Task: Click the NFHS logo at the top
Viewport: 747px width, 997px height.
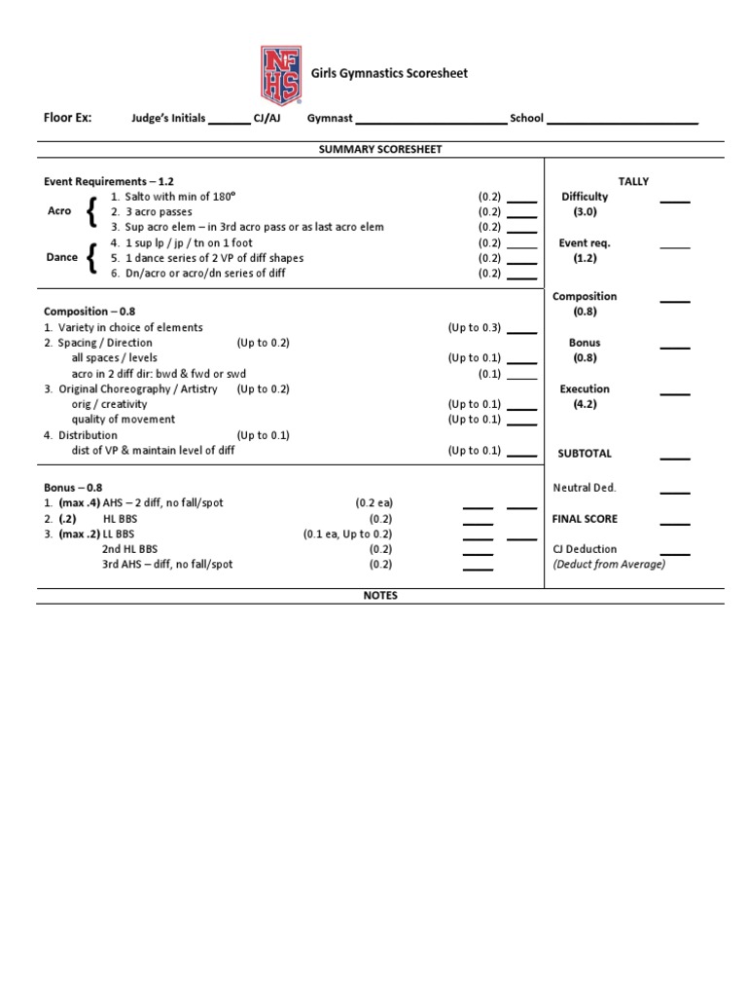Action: coord(279,74)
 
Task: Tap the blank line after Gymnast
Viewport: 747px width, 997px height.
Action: coord(431,122)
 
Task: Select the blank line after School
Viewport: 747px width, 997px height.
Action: coord(622,122)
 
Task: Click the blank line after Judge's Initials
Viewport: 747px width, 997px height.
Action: coord(230,122)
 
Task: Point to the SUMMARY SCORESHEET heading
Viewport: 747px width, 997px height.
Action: coord(380,149)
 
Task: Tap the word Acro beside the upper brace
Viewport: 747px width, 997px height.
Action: coord(59,211)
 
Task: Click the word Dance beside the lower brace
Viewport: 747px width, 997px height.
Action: coord(61,258)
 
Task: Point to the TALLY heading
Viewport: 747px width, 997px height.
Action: coord(633,181)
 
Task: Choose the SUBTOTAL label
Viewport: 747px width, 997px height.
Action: coord(585,454)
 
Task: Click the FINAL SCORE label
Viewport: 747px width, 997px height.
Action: coord(585,519)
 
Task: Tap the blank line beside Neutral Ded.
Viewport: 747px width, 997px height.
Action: coord(675,492)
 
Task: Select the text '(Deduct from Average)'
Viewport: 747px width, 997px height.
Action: coord(609,564)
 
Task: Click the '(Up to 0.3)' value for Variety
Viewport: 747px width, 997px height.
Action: coord(475,327)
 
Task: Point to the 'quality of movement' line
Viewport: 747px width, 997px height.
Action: coord(124,420)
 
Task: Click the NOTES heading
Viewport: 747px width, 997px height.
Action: coord(380,596)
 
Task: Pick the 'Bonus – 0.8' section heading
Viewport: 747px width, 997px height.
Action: coord(73,487)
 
